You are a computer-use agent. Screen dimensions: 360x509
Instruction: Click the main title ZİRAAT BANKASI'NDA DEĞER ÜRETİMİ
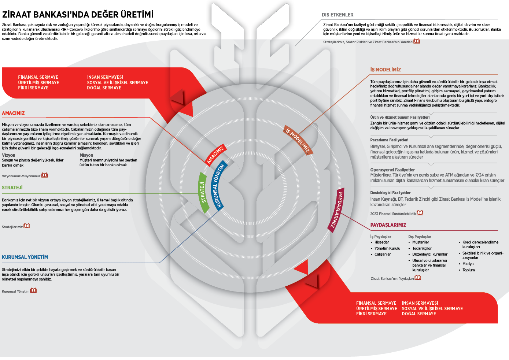[x=78, y=15]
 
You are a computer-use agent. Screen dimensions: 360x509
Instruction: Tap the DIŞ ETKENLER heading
[x=338, y=15]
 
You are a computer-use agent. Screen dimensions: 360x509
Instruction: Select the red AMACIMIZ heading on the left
[x=13, y=114]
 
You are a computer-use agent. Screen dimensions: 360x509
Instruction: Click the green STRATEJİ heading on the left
[x=12, y=188]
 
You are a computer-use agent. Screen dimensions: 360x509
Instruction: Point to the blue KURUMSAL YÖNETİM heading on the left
[x=25, y=257]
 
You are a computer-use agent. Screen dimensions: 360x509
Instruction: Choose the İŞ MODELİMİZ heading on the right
[x=386, y=70]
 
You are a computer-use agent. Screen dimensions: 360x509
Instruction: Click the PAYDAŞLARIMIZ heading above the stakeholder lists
[x=388, y=225]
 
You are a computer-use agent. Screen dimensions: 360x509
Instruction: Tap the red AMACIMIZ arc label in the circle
[x=215, y=155]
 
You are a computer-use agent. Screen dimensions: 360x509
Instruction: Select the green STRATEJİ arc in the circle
[x=203, y=192]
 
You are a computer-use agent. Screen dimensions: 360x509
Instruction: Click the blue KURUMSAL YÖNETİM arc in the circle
[x=219, y=185]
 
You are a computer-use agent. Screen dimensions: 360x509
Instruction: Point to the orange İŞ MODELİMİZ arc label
[x=298, y=140]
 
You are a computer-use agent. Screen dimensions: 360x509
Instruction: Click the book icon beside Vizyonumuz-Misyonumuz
[x=45, y=175]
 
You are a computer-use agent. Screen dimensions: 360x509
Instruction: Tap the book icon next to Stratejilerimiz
[x=27, y=226]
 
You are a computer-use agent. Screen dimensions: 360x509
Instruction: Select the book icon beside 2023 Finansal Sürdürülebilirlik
[x=420, y=213]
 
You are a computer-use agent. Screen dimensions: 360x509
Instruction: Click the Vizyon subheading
[x=8, y=155]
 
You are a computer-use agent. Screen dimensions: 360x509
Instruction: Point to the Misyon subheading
[x=86, y=155]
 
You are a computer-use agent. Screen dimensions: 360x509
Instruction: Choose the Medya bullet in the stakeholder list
[x=468, y=264]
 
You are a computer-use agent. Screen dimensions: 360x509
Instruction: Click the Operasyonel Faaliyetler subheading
[x=392, y=170]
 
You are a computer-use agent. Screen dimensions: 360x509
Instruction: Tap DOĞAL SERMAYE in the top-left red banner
[x=104, y=88]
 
